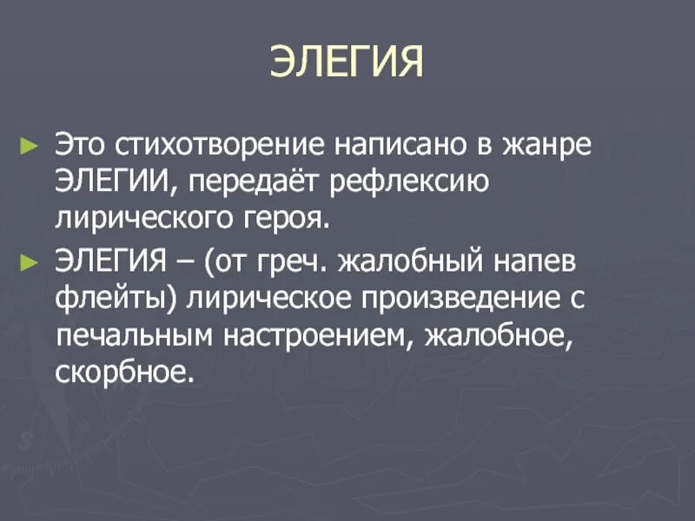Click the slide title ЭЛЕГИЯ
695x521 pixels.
(347, 63)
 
